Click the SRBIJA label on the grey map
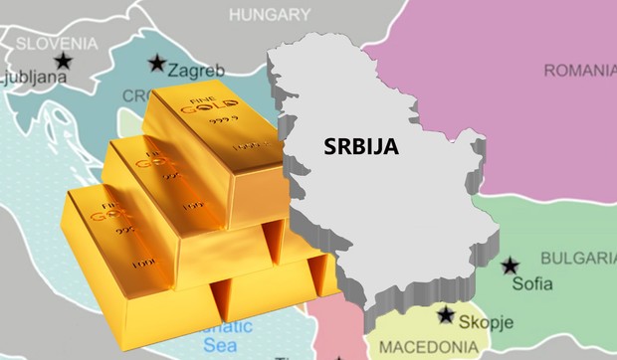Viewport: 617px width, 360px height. [x=360, y=146]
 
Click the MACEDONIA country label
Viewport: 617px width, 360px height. [x=422, y=349]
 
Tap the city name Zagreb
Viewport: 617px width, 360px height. [x=196, y=71]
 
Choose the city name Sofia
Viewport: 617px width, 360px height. [x=532, y=283]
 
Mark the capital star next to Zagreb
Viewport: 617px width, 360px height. [x=156, y=64]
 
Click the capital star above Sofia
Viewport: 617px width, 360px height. [x=511, y=266]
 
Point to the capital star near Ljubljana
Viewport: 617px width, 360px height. [x=64, y=62]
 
